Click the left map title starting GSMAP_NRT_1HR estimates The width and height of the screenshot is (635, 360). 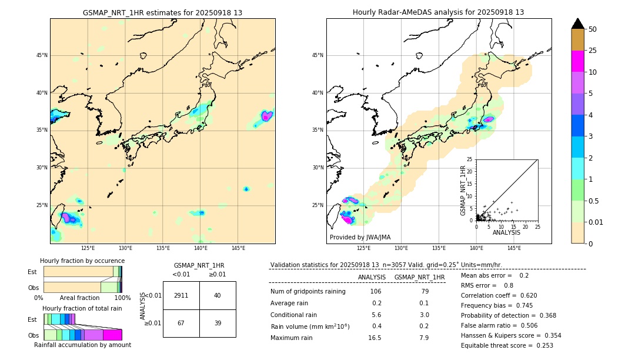162,12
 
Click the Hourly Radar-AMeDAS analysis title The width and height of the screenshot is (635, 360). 438,12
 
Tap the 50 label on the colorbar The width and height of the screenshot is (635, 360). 593,29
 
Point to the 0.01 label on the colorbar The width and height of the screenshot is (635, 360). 596,222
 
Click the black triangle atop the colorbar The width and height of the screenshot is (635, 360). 577,24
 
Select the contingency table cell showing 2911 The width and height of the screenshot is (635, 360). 181,295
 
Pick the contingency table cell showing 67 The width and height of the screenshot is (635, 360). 181,323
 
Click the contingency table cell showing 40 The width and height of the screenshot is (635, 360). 218,295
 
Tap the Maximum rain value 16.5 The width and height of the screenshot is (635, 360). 375,338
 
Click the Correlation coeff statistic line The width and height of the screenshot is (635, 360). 499,295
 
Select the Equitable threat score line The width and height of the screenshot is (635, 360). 507,345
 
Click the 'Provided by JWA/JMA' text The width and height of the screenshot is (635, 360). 360,237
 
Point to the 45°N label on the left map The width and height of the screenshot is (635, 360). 42,55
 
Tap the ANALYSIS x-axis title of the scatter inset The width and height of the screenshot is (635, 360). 506,232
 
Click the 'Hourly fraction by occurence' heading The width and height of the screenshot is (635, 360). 82,261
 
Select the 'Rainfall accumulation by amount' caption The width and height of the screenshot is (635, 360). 82,345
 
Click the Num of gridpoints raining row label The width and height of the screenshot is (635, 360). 308,291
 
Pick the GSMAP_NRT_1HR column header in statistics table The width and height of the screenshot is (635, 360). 419,277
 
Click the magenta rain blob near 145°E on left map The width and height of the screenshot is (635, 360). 266,116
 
